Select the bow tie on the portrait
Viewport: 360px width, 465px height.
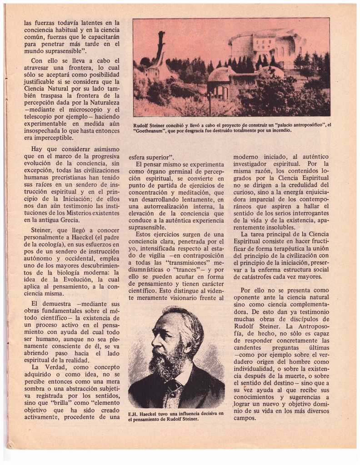click(x=174, y=386)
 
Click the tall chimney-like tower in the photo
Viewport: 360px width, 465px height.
click(x=160, y=47)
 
